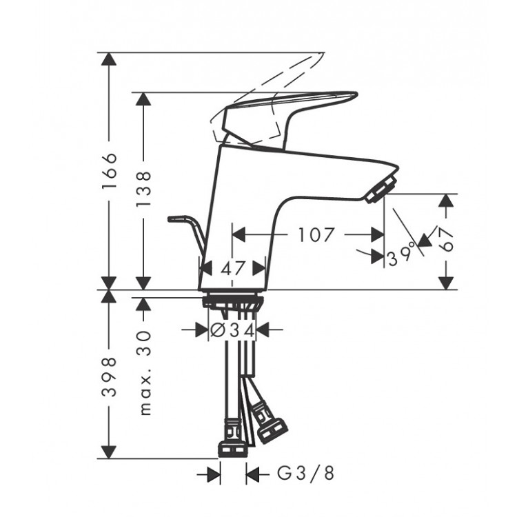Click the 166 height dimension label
point(109,170)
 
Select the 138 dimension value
point(143,189)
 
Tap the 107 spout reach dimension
point(316,235)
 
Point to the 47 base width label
point(233,268)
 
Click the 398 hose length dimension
point(109,376)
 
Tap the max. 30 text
point(145,372)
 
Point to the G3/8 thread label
point(305,474)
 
